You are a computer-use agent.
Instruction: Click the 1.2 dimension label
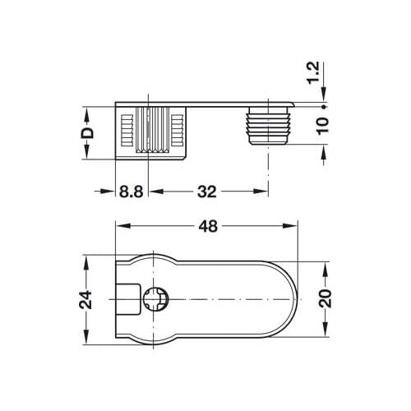313,73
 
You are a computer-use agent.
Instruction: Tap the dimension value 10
323,125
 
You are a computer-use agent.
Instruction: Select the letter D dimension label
87,133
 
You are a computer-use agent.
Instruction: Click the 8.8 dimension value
131,192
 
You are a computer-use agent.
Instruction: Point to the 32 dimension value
207,192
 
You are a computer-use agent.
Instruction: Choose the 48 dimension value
208,226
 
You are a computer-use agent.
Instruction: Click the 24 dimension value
85,300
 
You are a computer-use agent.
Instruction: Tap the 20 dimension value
326,298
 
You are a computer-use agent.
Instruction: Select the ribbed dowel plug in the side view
268,126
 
